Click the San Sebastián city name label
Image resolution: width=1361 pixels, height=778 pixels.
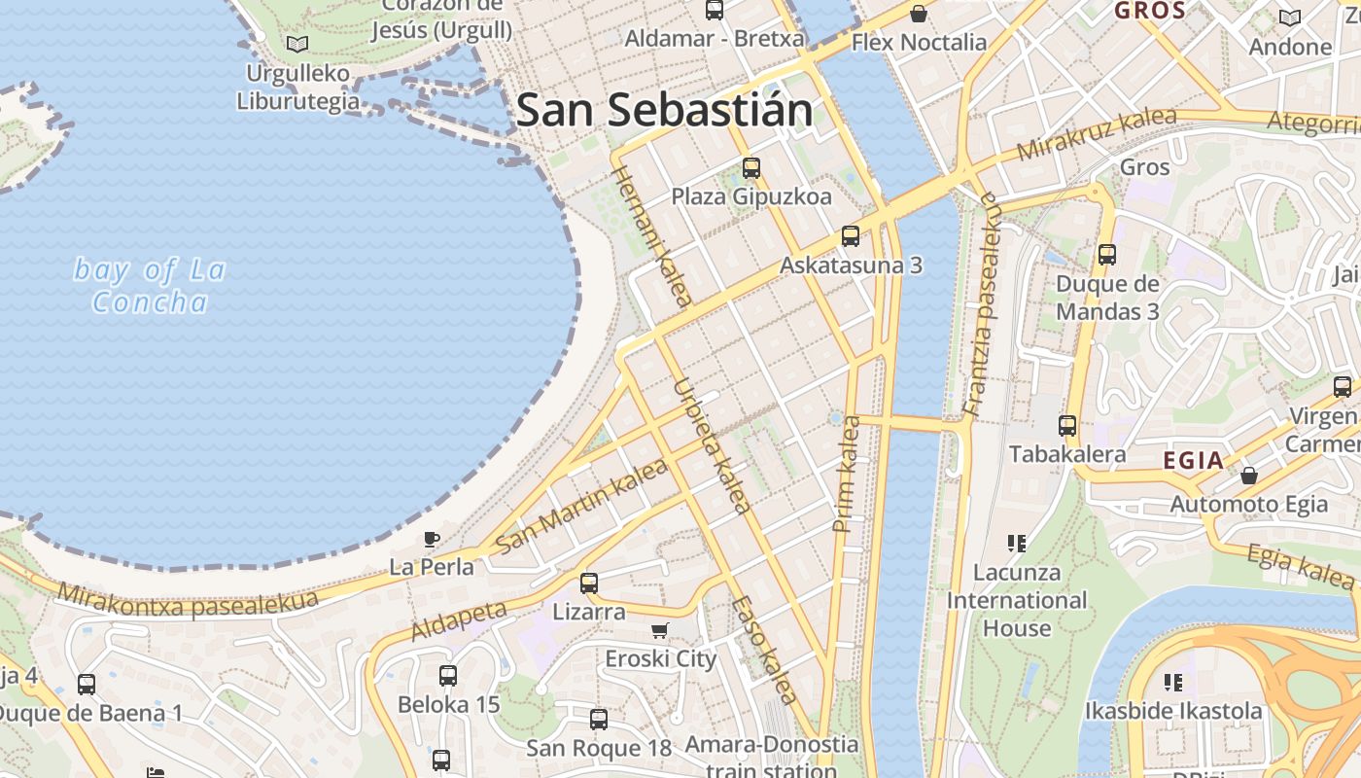[x=664, y=110]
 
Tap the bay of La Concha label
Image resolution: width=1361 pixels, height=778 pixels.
[x=150, y=286]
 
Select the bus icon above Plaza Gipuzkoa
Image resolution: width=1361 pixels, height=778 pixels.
[x=750, y=167]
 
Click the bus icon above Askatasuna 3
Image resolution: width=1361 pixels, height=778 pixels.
[x=850, y=235]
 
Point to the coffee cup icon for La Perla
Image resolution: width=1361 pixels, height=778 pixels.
[x=432, y=539]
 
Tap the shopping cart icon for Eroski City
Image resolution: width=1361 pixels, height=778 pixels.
[x=660, y=630]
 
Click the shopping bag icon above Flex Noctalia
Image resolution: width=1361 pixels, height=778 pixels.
[x=918, y=14]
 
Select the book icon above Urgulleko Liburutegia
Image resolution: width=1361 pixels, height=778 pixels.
[x=297, y=44]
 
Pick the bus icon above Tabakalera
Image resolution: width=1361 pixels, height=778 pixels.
[x=1067, y=425]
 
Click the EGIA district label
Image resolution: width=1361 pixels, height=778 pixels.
[x=1194, y=461]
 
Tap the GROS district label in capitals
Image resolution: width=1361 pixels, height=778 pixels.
[x=1150, y=12]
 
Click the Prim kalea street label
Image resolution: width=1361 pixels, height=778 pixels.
[x=846, y=475]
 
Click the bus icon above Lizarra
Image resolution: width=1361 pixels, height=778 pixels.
[x=588, y=583]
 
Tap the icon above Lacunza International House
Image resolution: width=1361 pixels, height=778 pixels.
[x=1017, y=543]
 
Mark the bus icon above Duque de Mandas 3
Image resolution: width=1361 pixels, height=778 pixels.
[x=1106, y=255]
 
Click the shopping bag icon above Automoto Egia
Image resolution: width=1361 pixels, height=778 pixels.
[x=1248, y=476]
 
